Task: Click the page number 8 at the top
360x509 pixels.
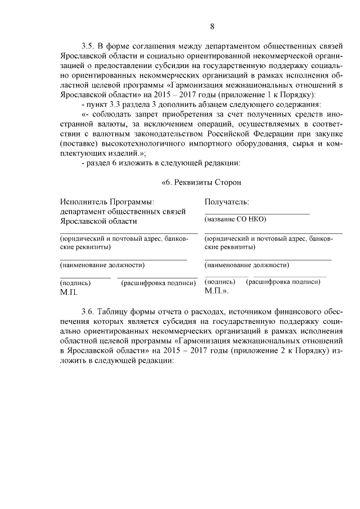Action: [x=213, y=26]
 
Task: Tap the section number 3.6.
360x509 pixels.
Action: [x=89, y=311]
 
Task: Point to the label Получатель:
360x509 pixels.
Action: [x=227, y=201]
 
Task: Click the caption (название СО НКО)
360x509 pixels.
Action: [x=235, y=219]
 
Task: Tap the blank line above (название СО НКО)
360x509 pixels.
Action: [x=256, y=213]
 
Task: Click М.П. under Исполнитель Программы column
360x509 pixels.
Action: [x=69, y=292]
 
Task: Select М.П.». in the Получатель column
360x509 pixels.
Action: [x=217, y=291]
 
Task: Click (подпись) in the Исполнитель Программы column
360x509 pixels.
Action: [x=75, y=283]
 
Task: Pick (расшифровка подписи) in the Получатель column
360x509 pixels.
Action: [x=283, y=281]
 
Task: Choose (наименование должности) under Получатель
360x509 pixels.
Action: [x=247, y=264]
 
